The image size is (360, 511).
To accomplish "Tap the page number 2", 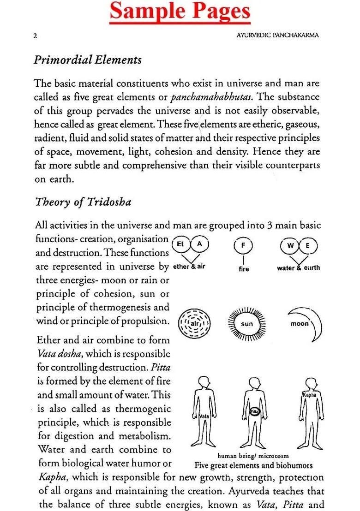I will coord(35,36).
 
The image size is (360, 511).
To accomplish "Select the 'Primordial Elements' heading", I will coord(88,60).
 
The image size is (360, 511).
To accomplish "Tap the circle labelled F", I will coord(243,246).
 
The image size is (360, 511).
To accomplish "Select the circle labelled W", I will coord(290,246).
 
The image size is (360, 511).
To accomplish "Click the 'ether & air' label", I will coord(188,267).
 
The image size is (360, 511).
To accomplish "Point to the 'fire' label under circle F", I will coord(244,269).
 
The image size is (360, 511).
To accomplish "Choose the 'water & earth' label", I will coord(298,268).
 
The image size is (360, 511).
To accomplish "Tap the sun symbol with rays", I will coord(247,324).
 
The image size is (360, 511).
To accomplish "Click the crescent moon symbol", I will coord(304,323).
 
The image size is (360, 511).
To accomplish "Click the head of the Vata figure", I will coord(204,384).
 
